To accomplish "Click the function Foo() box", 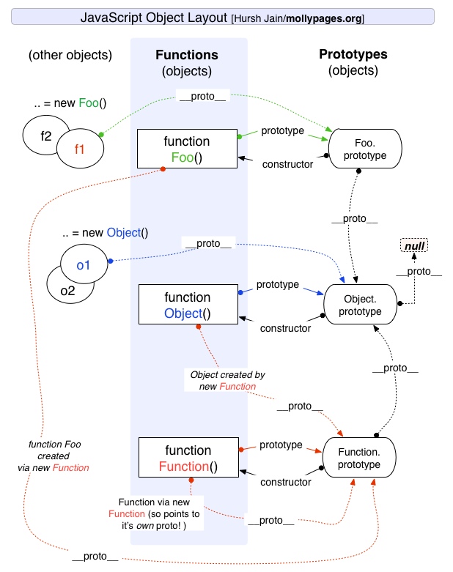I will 188,149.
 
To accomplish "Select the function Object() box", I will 188,305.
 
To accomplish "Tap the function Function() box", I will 188,458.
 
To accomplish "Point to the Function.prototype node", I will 359,458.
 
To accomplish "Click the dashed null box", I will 415,245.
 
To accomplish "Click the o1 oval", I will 83,265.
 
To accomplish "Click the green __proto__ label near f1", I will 201,96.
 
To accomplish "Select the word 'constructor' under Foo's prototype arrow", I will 288,164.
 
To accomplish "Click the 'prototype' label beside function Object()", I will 278,284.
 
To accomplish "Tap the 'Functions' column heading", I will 188,56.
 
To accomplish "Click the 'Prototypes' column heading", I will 353,55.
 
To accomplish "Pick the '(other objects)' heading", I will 70,56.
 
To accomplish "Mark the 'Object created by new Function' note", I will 228,380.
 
